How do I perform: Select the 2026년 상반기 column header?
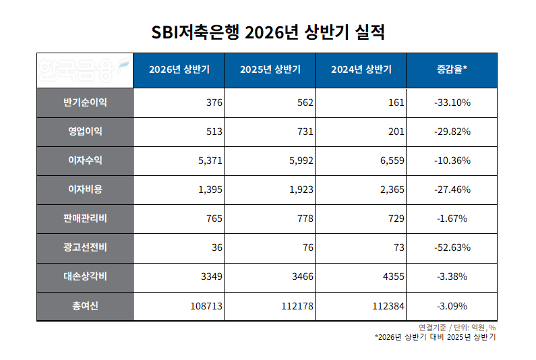pos(179,69)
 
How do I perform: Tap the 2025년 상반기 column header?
pos(270,69)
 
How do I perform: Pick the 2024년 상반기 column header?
pos(361,69)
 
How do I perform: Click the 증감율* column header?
pos(452,69)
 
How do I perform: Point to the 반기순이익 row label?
pos(85,102)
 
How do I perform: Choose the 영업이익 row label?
pos(85,131)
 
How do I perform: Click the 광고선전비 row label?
pos(85,247)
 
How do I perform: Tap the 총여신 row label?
pos(85,305)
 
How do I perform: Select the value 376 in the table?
pos(214,102)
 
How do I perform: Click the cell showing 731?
pos(305,131)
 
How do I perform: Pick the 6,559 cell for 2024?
pos(392,160)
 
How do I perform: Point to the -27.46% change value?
pos(452,189)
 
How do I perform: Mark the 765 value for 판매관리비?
pos(214,218)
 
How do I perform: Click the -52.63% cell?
pos(452,247)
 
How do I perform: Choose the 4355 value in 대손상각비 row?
pos(394,276)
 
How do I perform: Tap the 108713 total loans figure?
pos(206,306)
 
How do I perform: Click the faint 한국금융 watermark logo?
pos(84,69)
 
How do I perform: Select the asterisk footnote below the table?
pos(435,337)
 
